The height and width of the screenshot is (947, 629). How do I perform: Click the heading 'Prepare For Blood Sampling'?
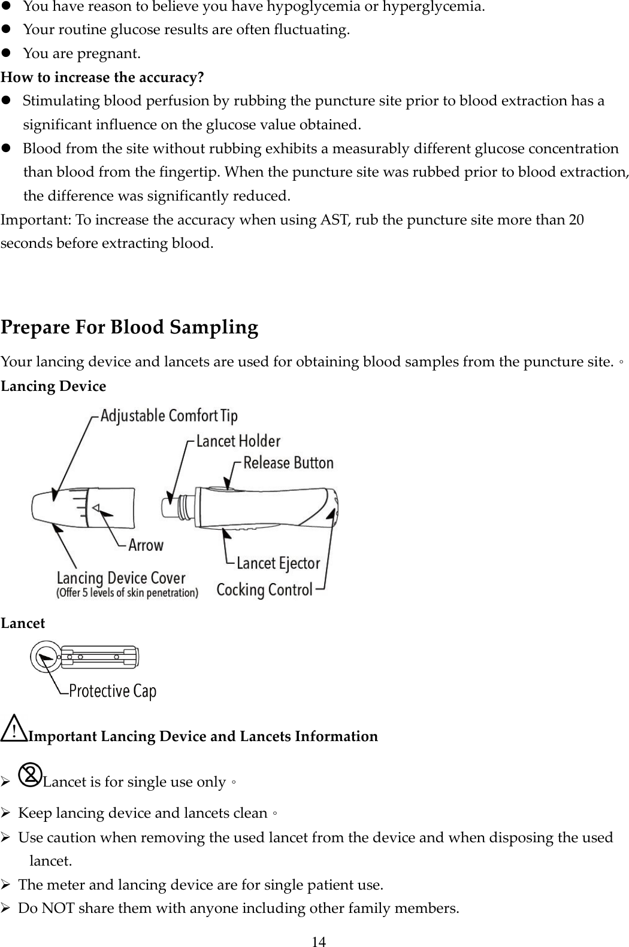[x=129, y=327]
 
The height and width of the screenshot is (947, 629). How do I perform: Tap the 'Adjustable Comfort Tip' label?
[x=169, y=415]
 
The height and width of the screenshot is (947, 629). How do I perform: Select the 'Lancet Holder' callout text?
[x=238, y=441]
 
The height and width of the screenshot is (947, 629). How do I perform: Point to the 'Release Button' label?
[x=288, y=463]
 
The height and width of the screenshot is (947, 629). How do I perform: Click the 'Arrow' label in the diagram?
[x=146, y=545]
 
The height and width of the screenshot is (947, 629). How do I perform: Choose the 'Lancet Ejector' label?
[x=278, y=563]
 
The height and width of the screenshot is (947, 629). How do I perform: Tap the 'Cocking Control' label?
[x=264, y=590]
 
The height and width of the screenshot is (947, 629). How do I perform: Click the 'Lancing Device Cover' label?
[x=121, y=578]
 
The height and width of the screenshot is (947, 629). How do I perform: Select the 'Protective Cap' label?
[x=113, y=691]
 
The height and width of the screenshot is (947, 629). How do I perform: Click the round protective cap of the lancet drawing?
[x=45, y=657]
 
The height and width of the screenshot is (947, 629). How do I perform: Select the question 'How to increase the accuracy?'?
[x=102, y=78]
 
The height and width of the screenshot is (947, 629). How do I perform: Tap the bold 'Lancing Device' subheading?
[x=53, y=386]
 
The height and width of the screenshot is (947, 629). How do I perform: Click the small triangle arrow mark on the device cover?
[x=95, y=508]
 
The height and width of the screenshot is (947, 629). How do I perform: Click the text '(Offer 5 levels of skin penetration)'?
[x=128, y=593]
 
